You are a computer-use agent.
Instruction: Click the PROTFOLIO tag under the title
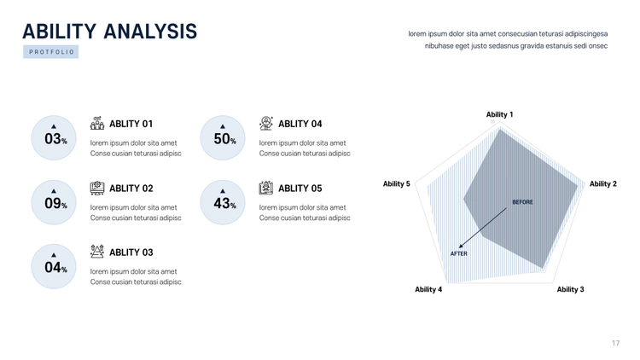[x=51, y=52]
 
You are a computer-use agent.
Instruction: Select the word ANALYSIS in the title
[x=150, y=32]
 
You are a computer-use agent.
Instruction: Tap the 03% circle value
[x=55, y=139]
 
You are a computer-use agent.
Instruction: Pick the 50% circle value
[x=224, y=139]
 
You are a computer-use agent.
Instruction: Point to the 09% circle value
[x=55, y=203]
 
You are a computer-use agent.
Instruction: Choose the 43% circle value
[x=224, y=203]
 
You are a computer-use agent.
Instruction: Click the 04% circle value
[x=55, y=267]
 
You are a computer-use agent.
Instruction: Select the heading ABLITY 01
[x=131, y=124]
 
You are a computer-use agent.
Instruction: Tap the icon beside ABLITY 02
[x=97, y=188]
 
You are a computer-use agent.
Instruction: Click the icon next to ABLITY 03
[x=97, y=252]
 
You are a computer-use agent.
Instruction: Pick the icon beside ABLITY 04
[x=266, y=123]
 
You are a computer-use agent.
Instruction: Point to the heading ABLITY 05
[x=300, y=189]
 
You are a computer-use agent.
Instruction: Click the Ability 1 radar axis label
[x=499, y=114]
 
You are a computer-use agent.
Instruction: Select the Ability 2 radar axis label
[x=602, y=183]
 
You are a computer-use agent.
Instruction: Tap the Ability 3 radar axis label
[x=570, y=289]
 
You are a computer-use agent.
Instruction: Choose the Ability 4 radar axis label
[x=428, y=289]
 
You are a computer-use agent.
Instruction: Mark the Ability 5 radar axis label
[x=396, y=183]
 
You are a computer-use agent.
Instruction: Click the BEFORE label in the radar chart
[x=522, y=202]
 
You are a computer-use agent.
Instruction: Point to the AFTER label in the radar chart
[x=459, y=253]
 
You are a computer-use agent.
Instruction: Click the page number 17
[x=615, y=343]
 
